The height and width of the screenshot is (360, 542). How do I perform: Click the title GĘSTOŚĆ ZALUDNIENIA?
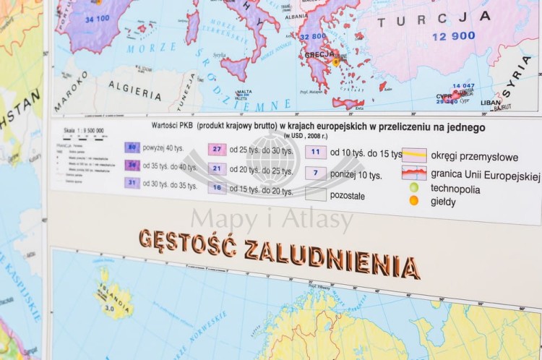pyautogui.click(x=278, y=252)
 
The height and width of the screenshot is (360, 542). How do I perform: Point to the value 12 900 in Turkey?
pyautogui.click(x=454, y=36)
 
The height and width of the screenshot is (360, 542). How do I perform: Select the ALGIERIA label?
pyautogui.click(x=135, y=92)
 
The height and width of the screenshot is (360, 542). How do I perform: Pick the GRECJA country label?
pyautogui.click(x=319, y=54)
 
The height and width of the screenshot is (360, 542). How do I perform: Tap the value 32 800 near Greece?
pyautogui.click(x=313, y=36)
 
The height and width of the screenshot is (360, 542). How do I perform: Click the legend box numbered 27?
pyautogui.click(x=218, y=150)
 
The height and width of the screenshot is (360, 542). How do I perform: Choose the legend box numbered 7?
pyautogui.click(x=315, y=173)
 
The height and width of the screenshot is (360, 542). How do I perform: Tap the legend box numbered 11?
pyautogui.click(x=315, y=153)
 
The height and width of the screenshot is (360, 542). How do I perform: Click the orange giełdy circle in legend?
pyautogui.click(x=414, y=201)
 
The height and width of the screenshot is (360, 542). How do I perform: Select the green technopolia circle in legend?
pyautogui.click(x=414, y=188)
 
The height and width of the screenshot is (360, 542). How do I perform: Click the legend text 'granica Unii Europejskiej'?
pyautogui.click(x=485, y=175)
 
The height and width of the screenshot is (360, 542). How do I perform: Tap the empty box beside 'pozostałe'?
pyautogui.click(x=315, y=194)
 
